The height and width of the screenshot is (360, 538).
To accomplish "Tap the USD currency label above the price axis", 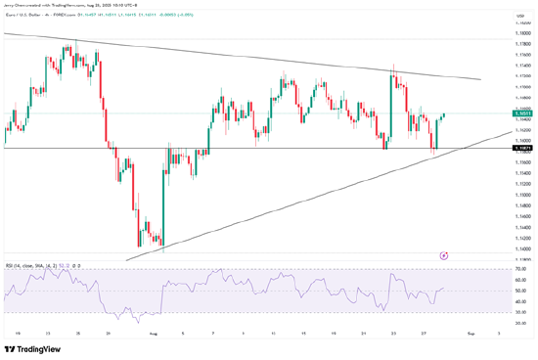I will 520,17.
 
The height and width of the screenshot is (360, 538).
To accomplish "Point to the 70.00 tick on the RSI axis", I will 520,268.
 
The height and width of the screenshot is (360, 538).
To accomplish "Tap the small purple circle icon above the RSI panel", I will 444,254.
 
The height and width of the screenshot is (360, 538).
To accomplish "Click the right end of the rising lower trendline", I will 510,131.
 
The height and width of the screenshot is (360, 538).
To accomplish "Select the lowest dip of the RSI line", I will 138,320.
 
